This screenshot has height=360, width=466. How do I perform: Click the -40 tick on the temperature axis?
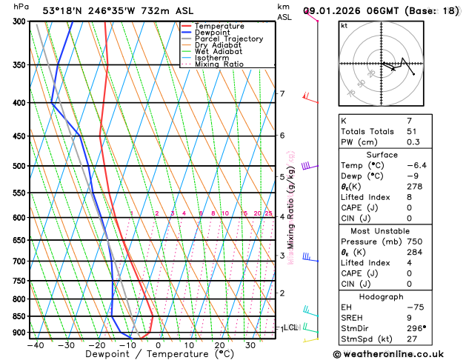36,345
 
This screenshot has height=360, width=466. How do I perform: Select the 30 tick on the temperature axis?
250,345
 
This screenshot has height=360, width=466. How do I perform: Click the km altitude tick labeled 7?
282,93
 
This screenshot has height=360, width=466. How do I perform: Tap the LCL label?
291,327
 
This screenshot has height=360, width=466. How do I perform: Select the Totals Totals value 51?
410,131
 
